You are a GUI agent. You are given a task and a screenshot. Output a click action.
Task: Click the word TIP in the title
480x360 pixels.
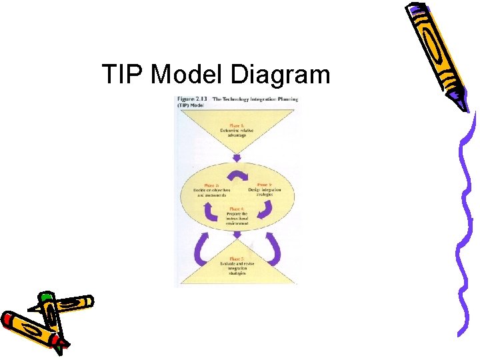(123, 74)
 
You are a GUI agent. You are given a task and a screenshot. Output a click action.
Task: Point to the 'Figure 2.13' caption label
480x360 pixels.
(191, 99)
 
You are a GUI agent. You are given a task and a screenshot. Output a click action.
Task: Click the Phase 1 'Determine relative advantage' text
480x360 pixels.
(237, 130)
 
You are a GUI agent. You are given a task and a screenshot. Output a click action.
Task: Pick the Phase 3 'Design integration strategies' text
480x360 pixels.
(265, 191)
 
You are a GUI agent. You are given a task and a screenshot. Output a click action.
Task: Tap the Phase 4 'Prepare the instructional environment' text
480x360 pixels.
(238, 217)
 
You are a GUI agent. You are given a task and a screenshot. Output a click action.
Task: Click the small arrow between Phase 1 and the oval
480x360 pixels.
(237, 159)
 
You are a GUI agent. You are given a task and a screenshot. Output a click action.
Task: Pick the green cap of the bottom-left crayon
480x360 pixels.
(45, 296)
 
